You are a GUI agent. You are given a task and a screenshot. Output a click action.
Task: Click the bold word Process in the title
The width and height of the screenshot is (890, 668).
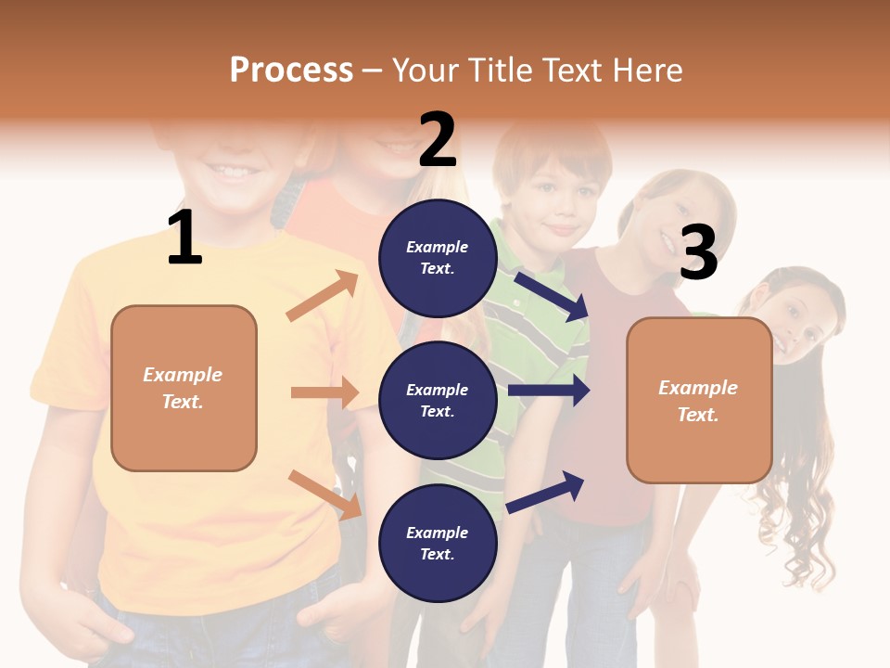(291, 70)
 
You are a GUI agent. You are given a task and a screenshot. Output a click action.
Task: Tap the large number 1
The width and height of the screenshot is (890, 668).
(184, 238)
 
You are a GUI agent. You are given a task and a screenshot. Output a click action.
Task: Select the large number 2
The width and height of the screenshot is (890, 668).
(438, 140)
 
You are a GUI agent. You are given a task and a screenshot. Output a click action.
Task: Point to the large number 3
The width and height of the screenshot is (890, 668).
(698, 253)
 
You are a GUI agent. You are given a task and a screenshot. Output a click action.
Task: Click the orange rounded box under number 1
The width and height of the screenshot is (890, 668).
(184, 388)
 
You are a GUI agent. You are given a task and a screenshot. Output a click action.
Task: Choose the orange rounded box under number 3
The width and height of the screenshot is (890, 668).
(699, 400)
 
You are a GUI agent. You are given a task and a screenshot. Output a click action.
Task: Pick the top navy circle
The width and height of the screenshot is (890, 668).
(438, 258)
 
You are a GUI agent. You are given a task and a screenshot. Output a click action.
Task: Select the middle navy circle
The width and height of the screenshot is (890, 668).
(438, 400)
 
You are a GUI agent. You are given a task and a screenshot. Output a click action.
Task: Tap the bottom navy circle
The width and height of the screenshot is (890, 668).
(438, 543)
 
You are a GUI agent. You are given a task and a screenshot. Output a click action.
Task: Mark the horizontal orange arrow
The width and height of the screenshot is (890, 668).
(324, 392)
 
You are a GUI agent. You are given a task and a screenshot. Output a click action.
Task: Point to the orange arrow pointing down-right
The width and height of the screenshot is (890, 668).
(324, 495)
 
